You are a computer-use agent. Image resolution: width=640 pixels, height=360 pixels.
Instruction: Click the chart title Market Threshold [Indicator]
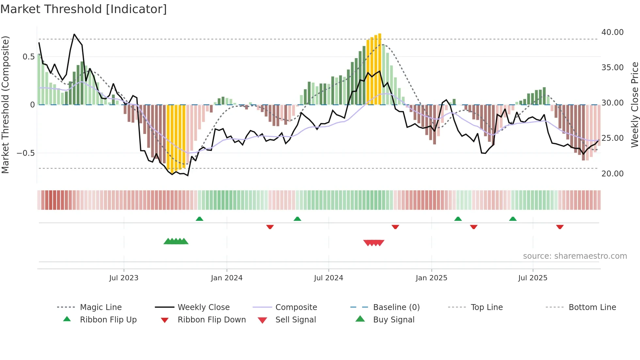(84, 9)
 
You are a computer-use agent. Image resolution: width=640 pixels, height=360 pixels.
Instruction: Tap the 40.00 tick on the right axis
(612, 32)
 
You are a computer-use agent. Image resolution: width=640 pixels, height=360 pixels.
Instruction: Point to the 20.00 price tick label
(612, 173)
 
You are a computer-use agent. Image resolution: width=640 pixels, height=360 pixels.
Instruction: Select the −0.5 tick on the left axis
(25, 153)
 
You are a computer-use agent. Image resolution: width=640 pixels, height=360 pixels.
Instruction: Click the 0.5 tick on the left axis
(28, 57)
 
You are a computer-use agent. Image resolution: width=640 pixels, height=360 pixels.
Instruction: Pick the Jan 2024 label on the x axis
(227, 278)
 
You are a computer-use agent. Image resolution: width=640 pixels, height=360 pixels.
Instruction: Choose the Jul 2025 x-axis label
(533, 278)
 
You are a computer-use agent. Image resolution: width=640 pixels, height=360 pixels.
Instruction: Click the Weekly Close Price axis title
(634, 105)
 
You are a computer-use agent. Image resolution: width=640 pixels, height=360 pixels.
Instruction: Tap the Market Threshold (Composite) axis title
(5, 105)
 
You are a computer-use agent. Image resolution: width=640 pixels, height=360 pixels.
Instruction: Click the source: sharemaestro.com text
(575, 256)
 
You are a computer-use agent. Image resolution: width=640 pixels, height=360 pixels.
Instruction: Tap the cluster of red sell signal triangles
(374, 243)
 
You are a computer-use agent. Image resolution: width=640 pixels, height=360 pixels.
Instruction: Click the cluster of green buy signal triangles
(176, 241)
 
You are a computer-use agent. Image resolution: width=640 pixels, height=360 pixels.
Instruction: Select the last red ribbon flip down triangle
(560, 227)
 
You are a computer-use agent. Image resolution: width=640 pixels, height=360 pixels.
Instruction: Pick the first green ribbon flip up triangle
(200, 219)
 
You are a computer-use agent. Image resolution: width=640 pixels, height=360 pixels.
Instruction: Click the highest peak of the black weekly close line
(74, 34)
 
